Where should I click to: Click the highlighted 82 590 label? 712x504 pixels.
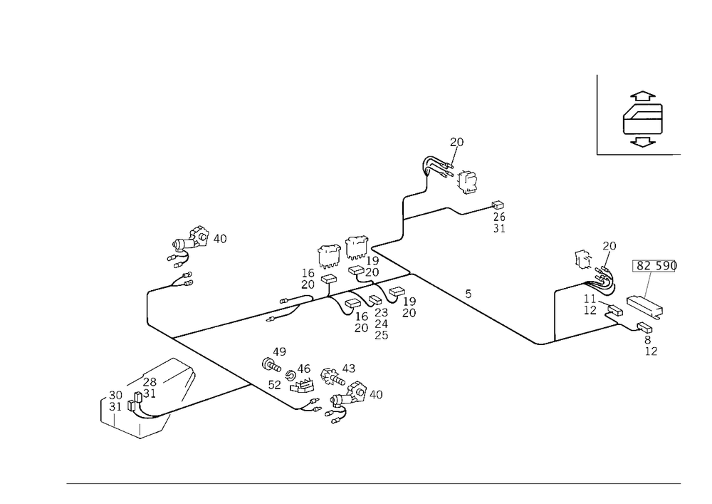coord(656,267)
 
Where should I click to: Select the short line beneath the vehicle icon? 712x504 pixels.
coord(633,155)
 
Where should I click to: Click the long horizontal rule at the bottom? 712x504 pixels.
coord(374,483)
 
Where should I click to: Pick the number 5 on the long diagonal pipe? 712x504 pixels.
coord(467,294)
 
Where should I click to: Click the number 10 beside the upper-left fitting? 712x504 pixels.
coord(223,238)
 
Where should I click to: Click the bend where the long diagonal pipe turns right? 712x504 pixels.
coord(547,344)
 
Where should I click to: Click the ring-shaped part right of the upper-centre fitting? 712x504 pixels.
coord(466,182)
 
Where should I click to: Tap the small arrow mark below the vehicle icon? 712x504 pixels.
coord(642,145)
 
